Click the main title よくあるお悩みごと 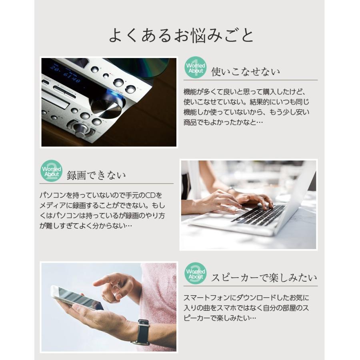click(181, 35)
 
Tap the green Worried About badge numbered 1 click(195, 68)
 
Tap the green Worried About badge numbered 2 click(52, 171)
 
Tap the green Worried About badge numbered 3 click(195, 274)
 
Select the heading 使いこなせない click(246, 72)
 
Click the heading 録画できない click(96, 175)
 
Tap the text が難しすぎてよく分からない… click(86, 226)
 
